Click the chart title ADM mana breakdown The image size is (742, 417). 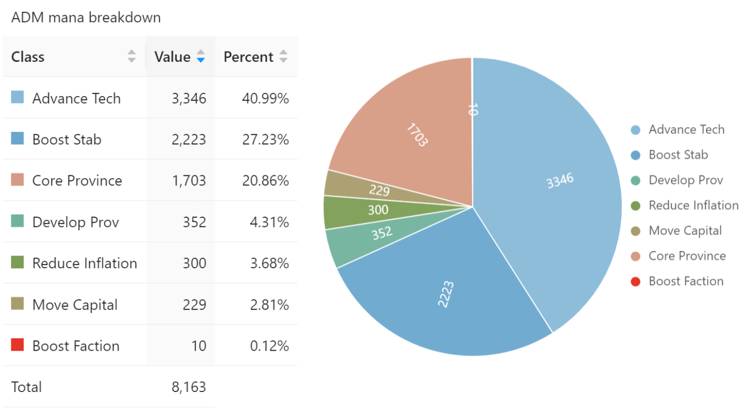86,17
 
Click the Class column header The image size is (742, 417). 28,57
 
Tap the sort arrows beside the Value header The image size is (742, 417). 200,56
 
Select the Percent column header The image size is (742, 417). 248,57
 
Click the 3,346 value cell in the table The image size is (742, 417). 188,98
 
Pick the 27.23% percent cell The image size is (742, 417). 265,140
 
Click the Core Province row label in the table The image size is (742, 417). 77,181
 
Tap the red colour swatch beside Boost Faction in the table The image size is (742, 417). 17,345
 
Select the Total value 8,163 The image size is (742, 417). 188,387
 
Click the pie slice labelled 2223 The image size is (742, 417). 445,294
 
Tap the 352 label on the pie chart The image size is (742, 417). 382,233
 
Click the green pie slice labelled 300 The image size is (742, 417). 378,210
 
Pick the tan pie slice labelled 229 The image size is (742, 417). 379,190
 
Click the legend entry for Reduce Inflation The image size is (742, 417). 693,205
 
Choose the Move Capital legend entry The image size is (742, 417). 685,231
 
